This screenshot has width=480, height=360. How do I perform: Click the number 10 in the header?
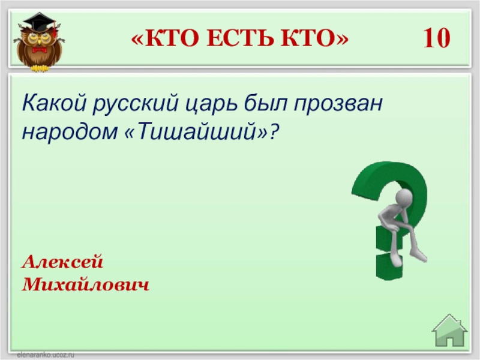[x=437, y=38]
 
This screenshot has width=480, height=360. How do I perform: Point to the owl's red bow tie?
[x=39, y=50]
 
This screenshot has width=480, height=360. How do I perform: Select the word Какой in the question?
[x=54, y=103]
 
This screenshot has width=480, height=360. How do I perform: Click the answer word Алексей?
[x=62, y=262]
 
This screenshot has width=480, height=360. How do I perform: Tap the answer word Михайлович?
[x=85, y=284]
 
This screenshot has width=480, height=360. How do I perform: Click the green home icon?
[x=449, y=331]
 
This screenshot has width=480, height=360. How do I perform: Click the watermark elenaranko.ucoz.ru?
[x=46, y=355]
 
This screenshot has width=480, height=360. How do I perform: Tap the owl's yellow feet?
[x=40, y=68]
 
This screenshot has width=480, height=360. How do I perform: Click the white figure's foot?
[x=419, y=256]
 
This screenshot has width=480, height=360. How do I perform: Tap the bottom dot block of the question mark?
[x=387, y=266]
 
